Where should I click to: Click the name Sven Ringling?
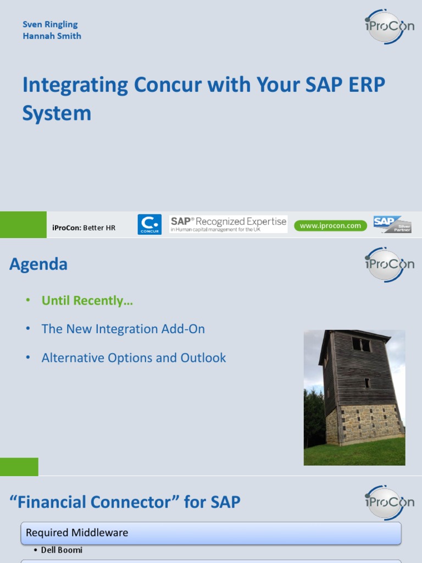point(50,24)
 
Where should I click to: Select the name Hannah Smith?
point(52,36)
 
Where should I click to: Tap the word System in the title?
point(57,113)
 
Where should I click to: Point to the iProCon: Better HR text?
point(84,227)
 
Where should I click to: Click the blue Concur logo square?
point(149,224)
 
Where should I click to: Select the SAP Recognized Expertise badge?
point(228,224)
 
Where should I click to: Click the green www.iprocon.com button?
point(330,225)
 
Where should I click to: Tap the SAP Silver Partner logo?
point(392,224)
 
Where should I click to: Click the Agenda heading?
point(38,264)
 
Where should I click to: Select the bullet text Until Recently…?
point(87,301)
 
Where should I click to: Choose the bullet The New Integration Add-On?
point(123,329)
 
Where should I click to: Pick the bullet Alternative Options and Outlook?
point(134,358)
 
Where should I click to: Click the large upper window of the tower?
point(361,345)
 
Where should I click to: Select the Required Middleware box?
point(211,533)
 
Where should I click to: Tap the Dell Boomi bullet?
point(62,550)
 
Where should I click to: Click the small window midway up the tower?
point(367,383)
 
